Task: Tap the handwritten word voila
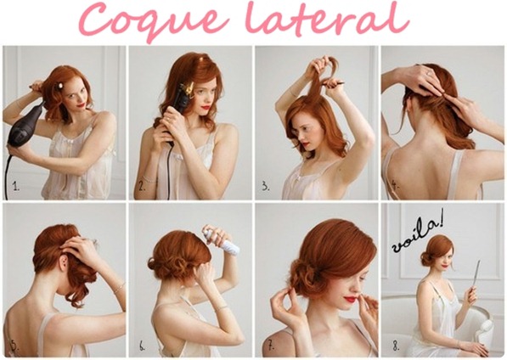click(x=416, y=233)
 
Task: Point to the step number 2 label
click(x=143, y=186)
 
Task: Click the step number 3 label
click(x=266, y=186)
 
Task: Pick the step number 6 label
click(x=142, y=346)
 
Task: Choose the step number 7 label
click(x=271, y=345)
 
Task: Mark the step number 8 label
click(x=397, y=346)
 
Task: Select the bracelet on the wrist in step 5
click(x=119, y=287)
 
